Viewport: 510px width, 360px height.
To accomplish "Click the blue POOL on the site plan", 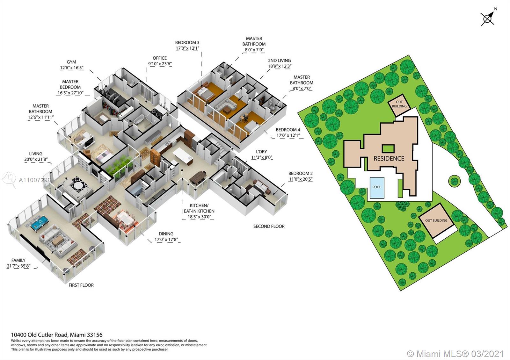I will point(376,187).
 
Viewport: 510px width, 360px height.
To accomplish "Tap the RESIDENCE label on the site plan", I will point(389,158).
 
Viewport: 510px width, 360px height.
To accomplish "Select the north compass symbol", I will point(488,18).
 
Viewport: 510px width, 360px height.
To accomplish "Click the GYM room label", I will point(71,62).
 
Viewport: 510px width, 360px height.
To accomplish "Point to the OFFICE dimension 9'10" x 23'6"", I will point(160,64).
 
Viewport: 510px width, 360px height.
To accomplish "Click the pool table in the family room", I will point(40,222).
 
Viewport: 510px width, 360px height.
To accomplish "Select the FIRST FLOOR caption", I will point(81,285).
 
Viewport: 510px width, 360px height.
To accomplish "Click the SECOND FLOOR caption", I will point(269,226).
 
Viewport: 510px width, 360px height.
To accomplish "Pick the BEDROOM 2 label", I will point(300,174).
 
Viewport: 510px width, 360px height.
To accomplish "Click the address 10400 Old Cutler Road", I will point(57,335).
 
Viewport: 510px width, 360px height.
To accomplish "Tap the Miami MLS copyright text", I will point(455,354).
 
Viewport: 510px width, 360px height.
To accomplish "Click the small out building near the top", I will point(399,104).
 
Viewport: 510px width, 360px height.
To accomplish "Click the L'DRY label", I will point(259,152).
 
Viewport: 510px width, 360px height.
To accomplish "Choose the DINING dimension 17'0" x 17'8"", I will point(166,240).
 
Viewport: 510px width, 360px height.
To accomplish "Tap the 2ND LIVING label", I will point(279,61).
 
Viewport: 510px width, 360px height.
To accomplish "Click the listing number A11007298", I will point(35,180).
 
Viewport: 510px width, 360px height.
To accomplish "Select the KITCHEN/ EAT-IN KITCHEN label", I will point(199,208).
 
